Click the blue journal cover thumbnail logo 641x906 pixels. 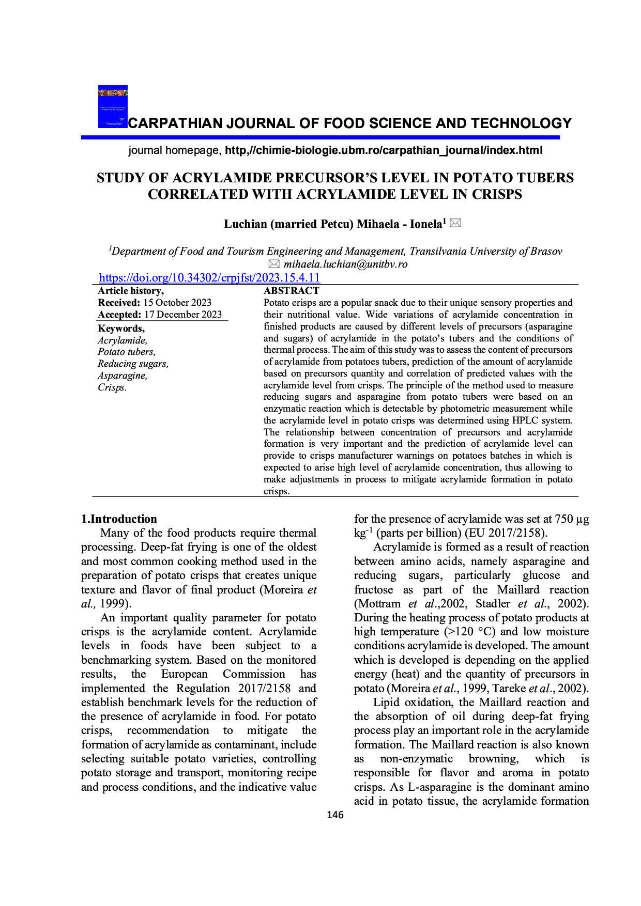[x=113, y=107]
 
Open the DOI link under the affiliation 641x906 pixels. [x=209, y=278]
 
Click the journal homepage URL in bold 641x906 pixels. [x=384, y=150]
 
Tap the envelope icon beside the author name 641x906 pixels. [x=455, y=223]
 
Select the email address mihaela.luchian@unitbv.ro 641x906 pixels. [x=345, y=264]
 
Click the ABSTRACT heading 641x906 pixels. [x=292, y=291]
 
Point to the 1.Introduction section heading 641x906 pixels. [x=119, y=519]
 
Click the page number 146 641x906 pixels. [x=335, y=815]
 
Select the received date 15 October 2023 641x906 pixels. [x=177, y=303]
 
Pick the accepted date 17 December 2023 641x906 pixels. [x=183, y=315]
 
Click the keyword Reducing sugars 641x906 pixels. [x=133, y=364]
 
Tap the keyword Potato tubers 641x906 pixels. [x=127, y=352]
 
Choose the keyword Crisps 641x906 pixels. [x=112, y=387]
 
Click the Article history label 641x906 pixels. [x=131, y=291]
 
